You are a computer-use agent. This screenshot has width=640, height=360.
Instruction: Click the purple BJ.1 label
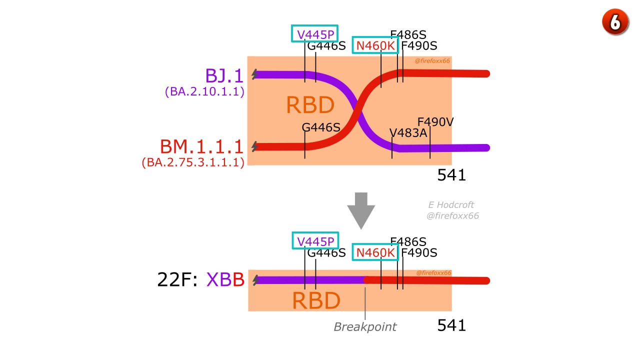pyautogui.click(x=224, y=75)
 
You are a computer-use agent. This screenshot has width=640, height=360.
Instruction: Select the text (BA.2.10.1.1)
pyautogui.click(x=204, y=91)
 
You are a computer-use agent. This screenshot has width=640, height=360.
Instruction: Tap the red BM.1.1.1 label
pyautogui.click(x=201, y=146)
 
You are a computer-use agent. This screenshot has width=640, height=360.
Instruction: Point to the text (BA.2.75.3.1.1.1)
pyautogui.click(x=193, y=162)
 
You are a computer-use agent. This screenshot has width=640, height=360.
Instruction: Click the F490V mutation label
pyautogui.click(x=435, y=122)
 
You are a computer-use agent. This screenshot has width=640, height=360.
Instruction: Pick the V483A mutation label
pyautogui.click(x=408, y=133)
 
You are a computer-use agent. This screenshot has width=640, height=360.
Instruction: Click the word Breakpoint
pyautogui.click(x=365, y=326)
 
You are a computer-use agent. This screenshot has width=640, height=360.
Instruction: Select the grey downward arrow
pyautogui.click(x=361, y=211)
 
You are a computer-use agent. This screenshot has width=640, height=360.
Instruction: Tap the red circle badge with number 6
pyautogui.click(x=615, y=22)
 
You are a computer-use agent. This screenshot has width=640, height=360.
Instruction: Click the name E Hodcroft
pyautogui.click(x=451, y=205)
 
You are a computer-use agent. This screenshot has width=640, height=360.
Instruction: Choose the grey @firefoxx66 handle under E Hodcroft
pyautogui.click(x=452, y=215)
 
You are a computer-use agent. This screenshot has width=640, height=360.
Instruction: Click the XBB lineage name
pyautogui.click(x=225, y=279)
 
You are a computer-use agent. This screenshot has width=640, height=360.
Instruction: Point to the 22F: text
pyautogui.click(x=177, y=279)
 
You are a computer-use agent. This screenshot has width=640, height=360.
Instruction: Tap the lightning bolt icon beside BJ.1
pyautogui.click(x=255, y=74)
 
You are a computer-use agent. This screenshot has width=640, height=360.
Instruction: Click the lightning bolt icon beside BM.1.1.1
pyautogui.click(x=255, y=146)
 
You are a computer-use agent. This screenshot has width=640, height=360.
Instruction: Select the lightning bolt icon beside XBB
pyautogui.click(x=255, y=280)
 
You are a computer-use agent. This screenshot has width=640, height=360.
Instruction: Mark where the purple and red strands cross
pyautogui.click(x=357, y=110)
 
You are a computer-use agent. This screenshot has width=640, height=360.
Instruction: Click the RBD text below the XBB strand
pyautogui.click(x=316, y=301)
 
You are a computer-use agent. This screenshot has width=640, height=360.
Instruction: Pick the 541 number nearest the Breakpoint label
pyautogui.click(x=451, y=325)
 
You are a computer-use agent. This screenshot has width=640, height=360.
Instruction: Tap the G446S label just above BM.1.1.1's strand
pyautogui.click(x=321, y=127)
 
